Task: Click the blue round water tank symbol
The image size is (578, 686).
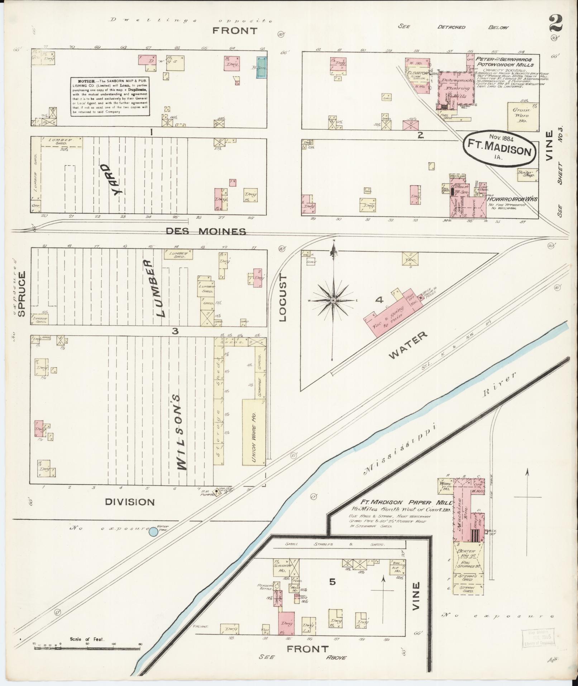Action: [x=153, y=532]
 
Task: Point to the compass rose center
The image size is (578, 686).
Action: [x=333, y=300]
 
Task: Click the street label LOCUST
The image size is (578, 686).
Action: [x=283, y=298]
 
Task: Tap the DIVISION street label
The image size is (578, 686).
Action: [x=130, y=502]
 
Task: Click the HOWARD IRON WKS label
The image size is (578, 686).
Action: [x=512, y=199]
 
